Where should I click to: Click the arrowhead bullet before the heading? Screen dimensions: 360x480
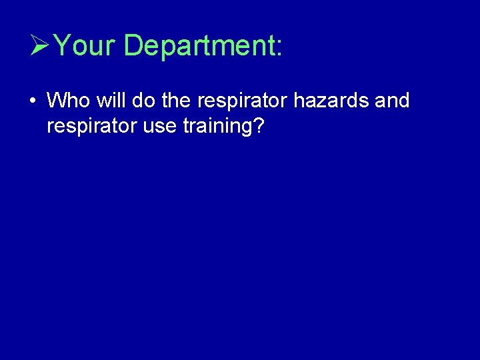click(x=40, y=46)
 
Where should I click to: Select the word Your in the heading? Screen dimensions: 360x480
click(x=85, y=46)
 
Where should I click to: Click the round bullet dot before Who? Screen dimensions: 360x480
click(x=32, y=102)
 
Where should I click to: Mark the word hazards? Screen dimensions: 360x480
click(x=320, y=101)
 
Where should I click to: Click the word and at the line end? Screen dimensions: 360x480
click(x=391, y=101)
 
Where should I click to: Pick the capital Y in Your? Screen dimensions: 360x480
click(x=61, y=46)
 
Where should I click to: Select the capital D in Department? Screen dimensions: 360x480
click(x=133, y=46)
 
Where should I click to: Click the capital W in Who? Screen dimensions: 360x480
click(x=56, y=101)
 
